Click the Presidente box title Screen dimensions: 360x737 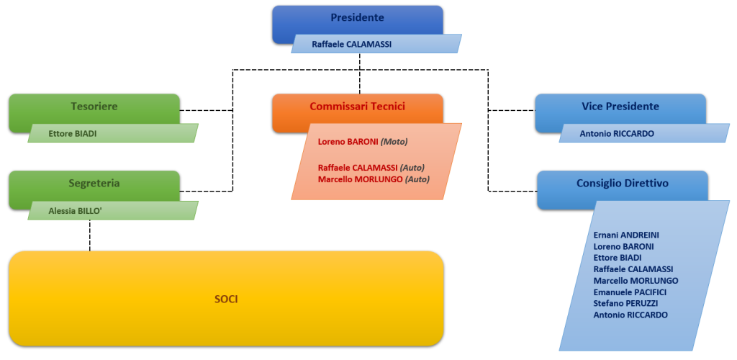click(x=357, y=18)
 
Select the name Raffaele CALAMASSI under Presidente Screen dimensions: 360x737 click(x=351, y=44)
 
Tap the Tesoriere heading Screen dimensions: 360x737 click(x=94, y=107)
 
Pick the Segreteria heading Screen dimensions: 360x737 click(x=94, y=184)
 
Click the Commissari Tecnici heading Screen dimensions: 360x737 click(x=357, y=107)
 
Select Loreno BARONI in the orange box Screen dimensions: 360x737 click(x=348, y=143)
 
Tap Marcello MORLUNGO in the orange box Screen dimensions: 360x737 click(x=361, y=179)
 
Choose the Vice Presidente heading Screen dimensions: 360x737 click(x=620, y=107)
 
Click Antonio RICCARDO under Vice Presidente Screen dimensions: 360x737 click(x=618, y=133)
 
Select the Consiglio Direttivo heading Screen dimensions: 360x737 click(x=622, y=184)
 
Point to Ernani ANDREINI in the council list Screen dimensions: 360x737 click(x=626, y=235)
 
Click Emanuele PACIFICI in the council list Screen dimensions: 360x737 click(x=630, y=292)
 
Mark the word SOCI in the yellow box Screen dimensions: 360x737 click(x=225, y=299)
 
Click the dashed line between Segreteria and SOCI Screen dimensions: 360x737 click(x=90, y=235)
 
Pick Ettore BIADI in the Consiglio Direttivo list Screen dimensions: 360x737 click(x=618, y=257)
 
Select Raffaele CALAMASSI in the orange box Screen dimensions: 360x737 click(x=357, y=168)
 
